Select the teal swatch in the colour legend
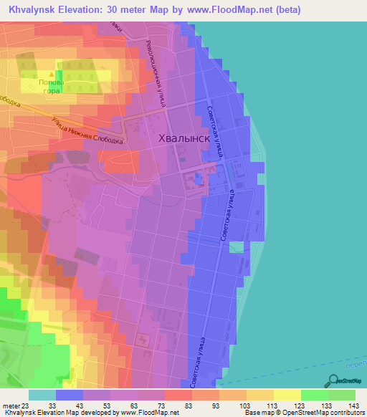point(42,396)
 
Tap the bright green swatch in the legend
point(315,396)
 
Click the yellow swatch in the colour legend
point(287,396)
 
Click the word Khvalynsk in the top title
point(32,9)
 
